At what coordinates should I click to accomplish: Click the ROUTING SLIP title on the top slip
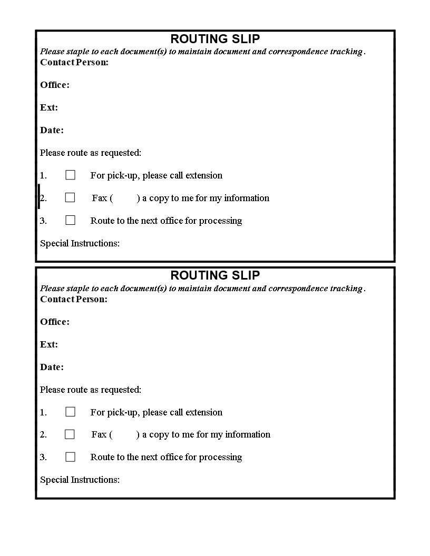click(215, 39)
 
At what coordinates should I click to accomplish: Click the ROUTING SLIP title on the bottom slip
click(215, 275)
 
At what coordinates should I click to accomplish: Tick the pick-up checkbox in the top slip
click(70, 175)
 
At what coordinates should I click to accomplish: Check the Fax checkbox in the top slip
click(70, 197)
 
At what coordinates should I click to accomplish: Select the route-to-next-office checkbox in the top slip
click(70, 220)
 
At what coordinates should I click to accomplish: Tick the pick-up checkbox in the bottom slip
click(70, 412)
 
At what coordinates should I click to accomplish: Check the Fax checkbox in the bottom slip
click(70, 434)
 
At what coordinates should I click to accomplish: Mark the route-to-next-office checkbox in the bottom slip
click(70, 457)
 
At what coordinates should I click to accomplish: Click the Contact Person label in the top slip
click(74, 63)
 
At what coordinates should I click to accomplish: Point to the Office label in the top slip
click(55, 85)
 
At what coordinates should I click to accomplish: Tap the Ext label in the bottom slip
click(49, 344)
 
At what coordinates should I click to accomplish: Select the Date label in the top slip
click(52, 131)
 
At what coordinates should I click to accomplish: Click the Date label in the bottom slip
click(52, 367)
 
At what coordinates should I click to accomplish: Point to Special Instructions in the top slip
click(80, 243)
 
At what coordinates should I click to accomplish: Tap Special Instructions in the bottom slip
click(80, 480)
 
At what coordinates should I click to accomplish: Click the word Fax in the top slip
click(100, 198)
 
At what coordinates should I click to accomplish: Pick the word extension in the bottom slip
click(204, 412)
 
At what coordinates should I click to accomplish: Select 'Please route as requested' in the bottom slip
click(91, 390)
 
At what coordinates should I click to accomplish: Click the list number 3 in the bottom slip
click(43, 457)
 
